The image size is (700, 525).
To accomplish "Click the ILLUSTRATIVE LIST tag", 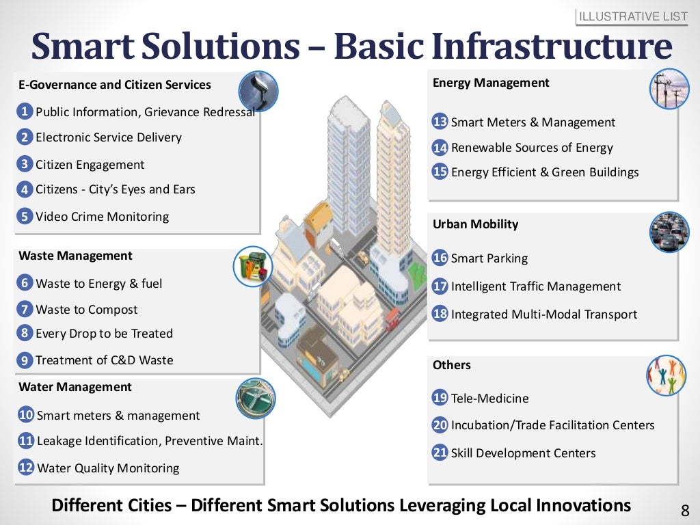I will [x=633, y=16].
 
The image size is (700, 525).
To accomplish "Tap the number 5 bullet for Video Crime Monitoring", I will [x=25, y=217].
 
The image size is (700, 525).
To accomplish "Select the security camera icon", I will [x=258, y=91].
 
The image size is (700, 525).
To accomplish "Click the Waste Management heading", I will [x=75, y=256].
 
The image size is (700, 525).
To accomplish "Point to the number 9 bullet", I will [x=25, y=360].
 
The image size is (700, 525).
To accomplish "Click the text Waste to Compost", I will [x=86, y=310].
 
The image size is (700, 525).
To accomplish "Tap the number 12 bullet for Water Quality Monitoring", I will [x=26, y=468].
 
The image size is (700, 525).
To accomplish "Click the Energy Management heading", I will [x=491, y=83].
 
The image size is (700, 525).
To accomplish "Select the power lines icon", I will [x=669, y=89].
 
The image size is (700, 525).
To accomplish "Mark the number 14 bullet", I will [x=440, y=148].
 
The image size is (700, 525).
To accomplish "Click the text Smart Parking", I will [x=489, y=258].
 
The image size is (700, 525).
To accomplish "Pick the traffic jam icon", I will [x=669, y=232].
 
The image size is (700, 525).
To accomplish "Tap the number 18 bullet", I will [x=440, y=314].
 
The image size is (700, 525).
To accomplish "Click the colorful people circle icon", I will [x=667, y=375].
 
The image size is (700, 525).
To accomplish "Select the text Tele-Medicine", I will [x=489, y=399].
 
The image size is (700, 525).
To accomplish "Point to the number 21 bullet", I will [x=440, y=453].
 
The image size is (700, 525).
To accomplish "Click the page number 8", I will [x=685, y=510].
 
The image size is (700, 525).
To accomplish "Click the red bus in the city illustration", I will [x=392, y=319].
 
